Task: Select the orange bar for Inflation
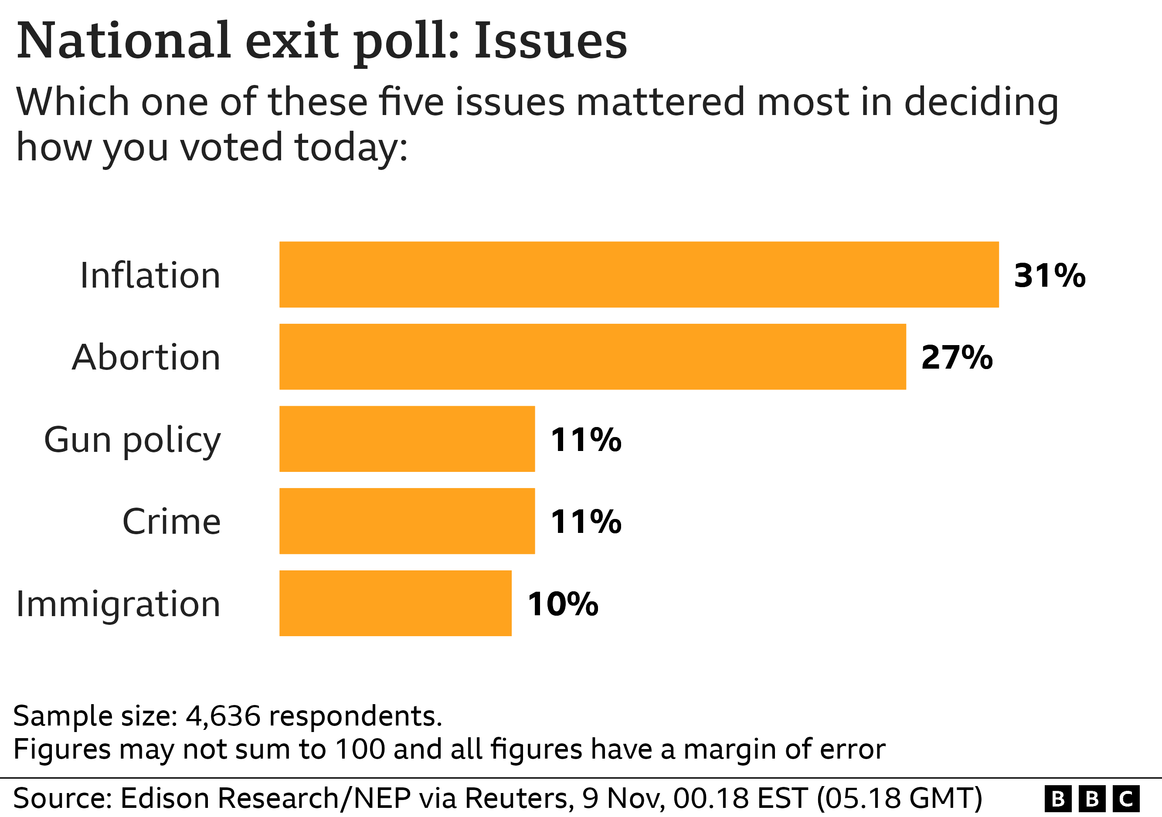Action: (x=639, y=275)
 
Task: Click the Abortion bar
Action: (x=592, y=356)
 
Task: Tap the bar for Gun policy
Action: (x=407, y=439)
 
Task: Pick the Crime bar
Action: (x=407, y=521)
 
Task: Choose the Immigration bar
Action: (x=395, y=603)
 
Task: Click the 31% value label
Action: (x=1050, y=276)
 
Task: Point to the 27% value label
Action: (x=957, y=358)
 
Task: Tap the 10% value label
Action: (x=563, y=604)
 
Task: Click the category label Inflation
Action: (x=150, y=276)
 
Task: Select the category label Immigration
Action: (x=119, y=604)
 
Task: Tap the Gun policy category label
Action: (x=133, y=440)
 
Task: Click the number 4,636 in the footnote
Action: (x=223, y=716)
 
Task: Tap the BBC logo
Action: (x=1092, y=799)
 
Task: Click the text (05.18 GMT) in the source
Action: (x=899, y=798)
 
